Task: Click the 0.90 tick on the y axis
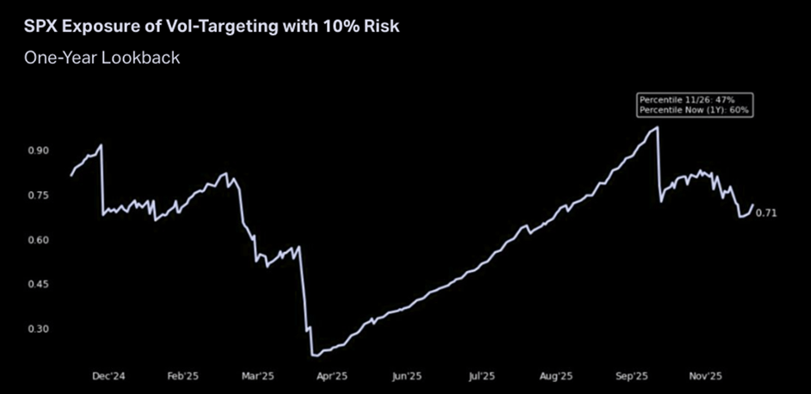click(39, 151)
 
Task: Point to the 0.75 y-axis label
click(39, 195)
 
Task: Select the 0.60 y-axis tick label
click(39, 240)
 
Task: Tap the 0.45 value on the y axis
click(39, 284)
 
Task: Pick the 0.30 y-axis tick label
click(39, 329)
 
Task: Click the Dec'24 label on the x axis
click(106, 376)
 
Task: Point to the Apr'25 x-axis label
click(331, 376)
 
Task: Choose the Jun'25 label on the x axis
click(406, 376)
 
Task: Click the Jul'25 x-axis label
click(481, 376)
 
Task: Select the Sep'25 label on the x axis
click(631, 376)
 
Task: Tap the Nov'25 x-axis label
click(707, 376)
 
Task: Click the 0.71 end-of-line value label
click(766, 213)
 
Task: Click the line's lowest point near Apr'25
click(316, 354)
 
